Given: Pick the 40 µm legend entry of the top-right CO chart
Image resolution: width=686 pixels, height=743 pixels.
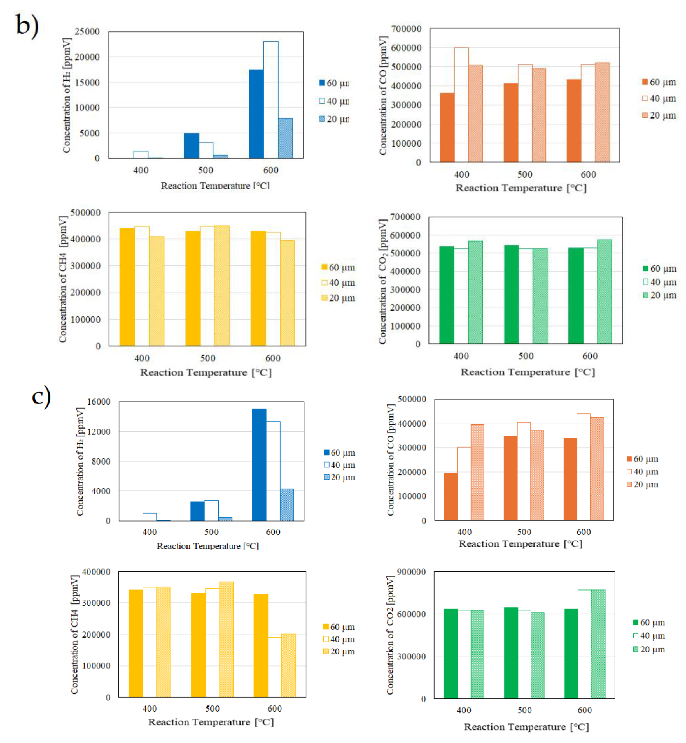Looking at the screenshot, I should (x=659, y=98).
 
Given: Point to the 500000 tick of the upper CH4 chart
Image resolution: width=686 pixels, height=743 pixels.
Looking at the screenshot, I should (x=85, y=212).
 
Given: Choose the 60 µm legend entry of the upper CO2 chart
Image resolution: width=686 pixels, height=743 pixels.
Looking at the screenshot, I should (x=659, y=269).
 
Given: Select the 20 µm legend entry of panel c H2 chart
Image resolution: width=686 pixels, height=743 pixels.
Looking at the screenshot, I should (x=339, y=477).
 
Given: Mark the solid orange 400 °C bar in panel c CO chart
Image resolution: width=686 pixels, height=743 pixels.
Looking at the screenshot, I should (x=451, y=496).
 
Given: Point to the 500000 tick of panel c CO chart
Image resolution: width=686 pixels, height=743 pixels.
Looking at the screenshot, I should (x=412, y=399).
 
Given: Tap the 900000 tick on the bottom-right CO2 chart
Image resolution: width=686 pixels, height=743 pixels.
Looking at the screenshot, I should (x=411, y=572).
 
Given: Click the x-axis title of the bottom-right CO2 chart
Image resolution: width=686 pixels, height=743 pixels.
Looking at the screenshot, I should (x=526, y=727).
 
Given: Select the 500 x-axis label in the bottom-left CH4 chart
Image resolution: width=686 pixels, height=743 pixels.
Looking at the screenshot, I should (x=212, y=709).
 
